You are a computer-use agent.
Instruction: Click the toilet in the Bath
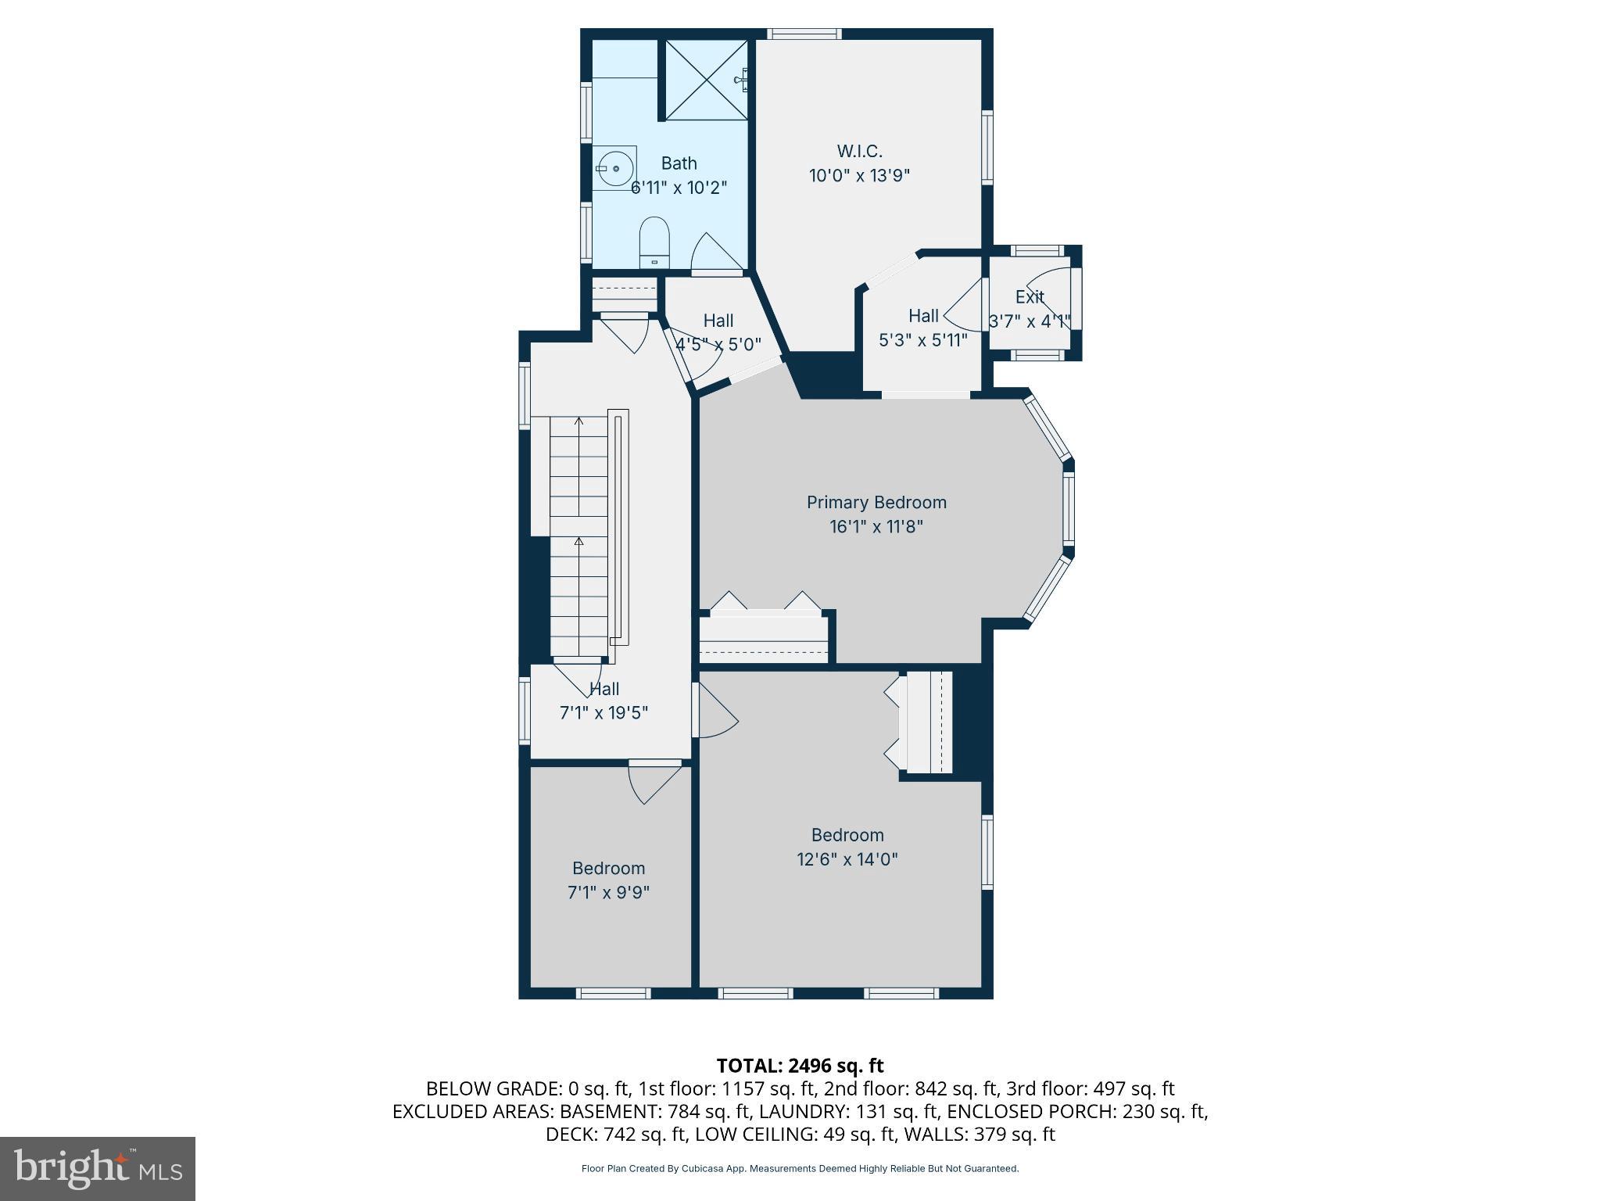[655, 242]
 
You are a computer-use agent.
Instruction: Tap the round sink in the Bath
[614, 168]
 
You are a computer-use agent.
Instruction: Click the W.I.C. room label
[859, 151]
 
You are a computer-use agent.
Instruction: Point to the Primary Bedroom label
[876, 502]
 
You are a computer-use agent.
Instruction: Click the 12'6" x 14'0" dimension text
[847, 859]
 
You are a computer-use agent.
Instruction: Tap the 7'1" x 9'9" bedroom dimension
[608, 892]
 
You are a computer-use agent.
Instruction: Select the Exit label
[1030, 297]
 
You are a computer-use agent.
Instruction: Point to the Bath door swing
[714, 251]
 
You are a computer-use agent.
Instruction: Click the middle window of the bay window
[1069, 508]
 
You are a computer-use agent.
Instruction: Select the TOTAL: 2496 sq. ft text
[800, 1066]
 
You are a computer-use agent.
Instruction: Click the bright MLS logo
[98, 1168]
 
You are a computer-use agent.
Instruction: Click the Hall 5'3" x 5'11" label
[923, 316]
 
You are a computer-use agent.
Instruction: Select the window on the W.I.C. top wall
[804, 34]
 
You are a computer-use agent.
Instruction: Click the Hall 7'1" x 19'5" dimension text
[604, 713]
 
